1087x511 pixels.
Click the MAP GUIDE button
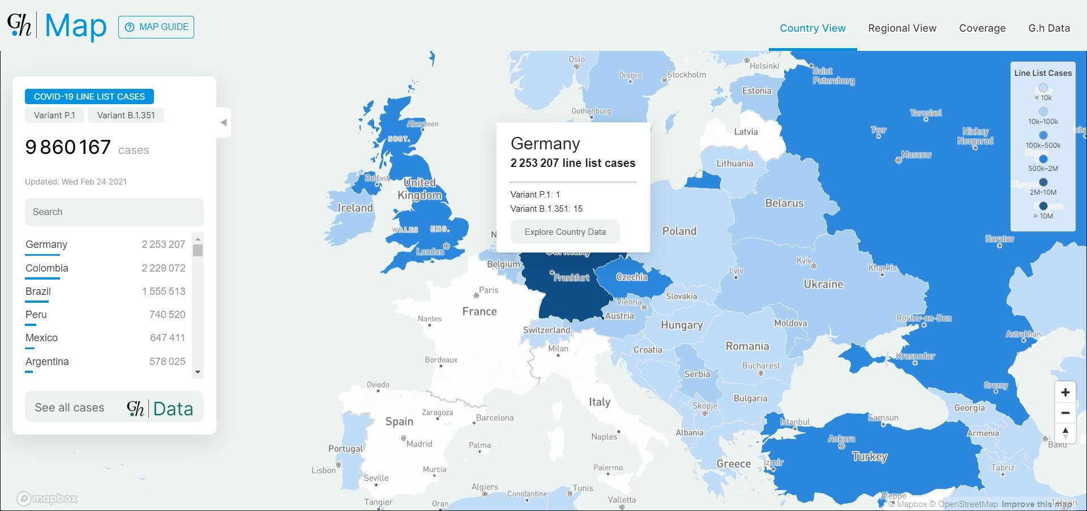156,27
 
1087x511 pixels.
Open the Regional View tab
902,28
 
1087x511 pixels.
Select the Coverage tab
982,28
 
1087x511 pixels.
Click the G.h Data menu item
1049,28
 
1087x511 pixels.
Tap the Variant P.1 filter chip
54,115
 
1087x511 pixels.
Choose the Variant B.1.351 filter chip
126,115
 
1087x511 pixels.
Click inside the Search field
114,212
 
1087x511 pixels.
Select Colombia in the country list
47,268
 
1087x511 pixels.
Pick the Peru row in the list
36,315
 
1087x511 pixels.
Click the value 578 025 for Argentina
167,362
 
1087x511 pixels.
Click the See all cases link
70,407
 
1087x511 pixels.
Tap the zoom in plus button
1065,393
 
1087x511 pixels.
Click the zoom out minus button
1065,413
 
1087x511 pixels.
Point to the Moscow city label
916,154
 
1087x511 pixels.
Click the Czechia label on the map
631,277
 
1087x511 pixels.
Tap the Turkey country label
870,457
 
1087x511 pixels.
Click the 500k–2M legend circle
1043,159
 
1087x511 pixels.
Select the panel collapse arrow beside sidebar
224,122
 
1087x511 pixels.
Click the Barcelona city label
494,418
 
